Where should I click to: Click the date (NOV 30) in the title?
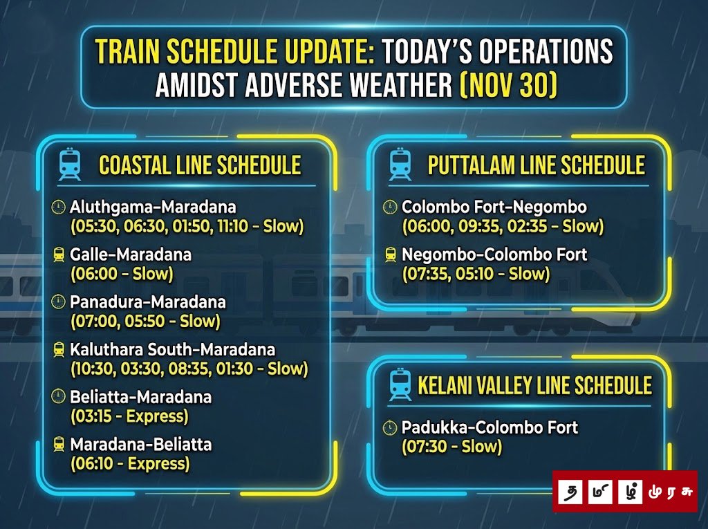coord(508,85)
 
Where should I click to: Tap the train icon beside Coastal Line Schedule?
coord(70,165)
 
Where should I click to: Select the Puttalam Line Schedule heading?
coord(536,165)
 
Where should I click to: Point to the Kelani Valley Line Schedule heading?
coord(534,385)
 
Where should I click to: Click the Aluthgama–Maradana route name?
coord(153,207)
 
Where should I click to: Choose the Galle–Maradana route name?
coord(131,254)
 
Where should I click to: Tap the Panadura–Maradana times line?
coord(145,321)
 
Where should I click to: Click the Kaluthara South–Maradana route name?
coord(172,349)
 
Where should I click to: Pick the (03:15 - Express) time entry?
coord(129,416)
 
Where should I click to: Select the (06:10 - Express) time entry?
coord(130,463)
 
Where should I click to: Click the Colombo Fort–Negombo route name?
coord(494,207)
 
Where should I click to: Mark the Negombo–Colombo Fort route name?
coord(494,254)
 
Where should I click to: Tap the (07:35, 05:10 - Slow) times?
coord(476,274)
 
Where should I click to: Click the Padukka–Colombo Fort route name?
coord(490,427)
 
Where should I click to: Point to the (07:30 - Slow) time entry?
coord(451,447)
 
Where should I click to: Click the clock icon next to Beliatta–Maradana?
coord(58,396)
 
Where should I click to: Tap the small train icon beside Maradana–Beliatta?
coord(59,444)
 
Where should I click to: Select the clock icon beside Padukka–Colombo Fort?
coord(390,427)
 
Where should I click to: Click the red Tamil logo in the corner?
coord(625,491)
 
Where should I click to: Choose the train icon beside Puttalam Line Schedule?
coord(400,165)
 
